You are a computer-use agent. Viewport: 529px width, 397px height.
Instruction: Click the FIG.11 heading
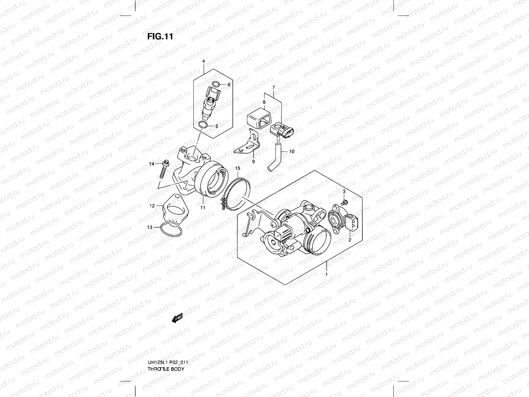tap(160, 36)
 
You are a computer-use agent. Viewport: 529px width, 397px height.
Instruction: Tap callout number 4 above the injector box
tap(204, 61)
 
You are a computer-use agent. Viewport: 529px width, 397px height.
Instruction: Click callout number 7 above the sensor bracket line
tap(273, 87)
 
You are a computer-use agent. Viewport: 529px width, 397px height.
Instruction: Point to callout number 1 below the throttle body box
tap(326, 275)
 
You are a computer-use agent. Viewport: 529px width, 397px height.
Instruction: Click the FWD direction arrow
tap(177, 318)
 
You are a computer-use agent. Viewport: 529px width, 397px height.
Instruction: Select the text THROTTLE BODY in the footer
tap(166, 369)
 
